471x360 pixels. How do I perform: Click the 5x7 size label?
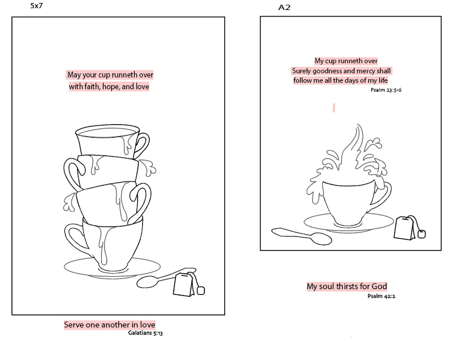[37, 6]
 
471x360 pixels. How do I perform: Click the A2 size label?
[284, 8]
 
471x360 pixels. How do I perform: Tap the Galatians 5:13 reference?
[145, 333]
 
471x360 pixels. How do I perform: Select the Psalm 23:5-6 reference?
[386, 90]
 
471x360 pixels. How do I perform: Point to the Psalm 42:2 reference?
[381, 296]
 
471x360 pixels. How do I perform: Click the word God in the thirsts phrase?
[379, 286]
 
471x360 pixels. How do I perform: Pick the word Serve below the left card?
[74, 325]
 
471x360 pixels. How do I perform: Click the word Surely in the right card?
[301, 71]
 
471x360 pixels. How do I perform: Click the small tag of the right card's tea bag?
[422, 233]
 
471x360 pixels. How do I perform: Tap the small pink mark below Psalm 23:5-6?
[334, 108]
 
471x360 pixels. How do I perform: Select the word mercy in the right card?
[366, 71]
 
